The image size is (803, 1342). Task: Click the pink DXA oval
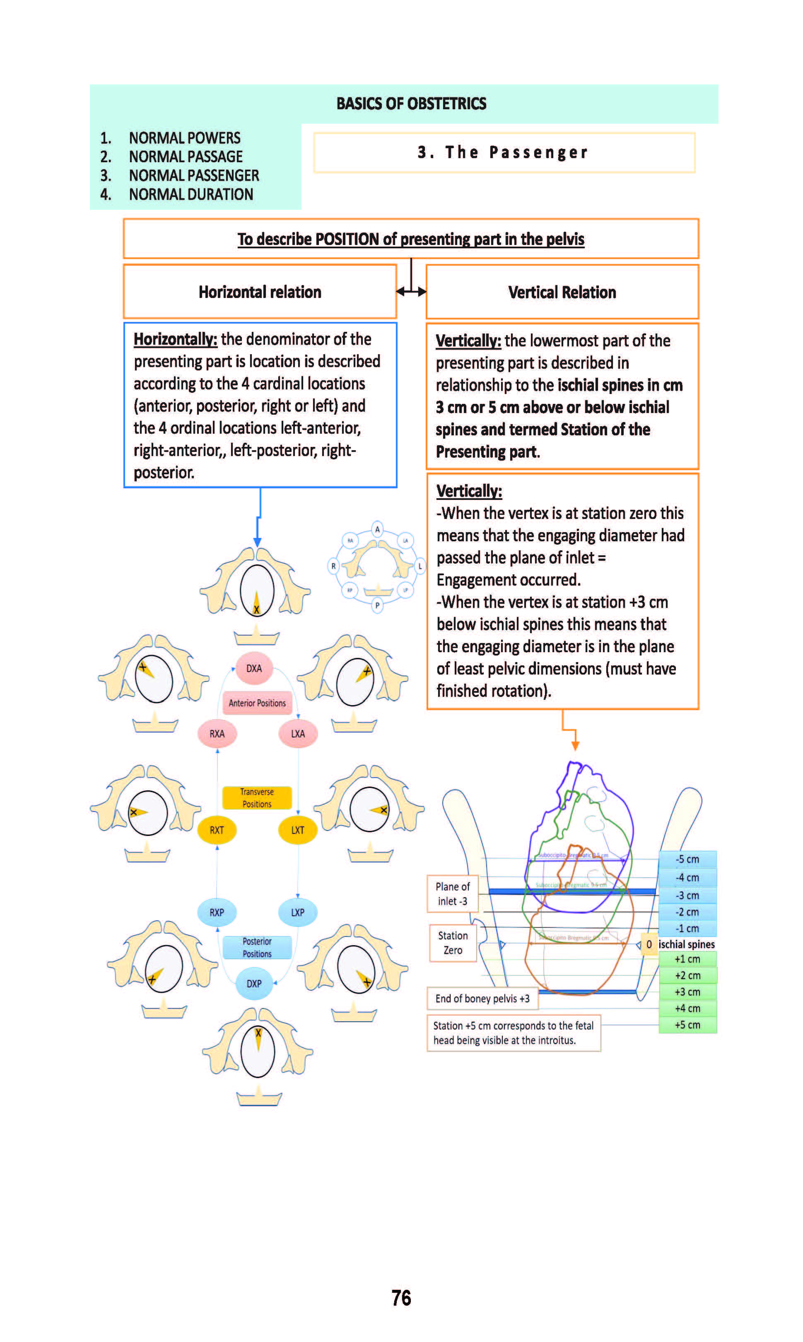[x=254, y=668]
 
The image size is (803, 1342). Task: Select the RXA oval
[x=217, y=734]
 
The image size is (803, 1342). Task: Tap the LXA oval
[x=298, y=734]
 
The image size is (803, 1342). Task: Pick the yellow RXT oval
[x=217, y=830]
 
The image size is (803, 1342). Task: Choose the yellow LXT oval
[x=298, y=830]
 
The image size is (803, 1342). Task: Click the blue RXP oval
[x=217, y=912]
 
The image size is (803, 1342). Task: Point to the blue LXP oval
[x=298, y=912]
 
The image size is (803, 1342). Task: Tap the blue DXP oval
[x=254, y=984]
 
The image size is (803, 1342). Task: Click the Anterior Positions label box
[x=257, y=703]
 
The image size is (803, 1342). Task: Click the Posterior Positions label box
[x=257, y=947]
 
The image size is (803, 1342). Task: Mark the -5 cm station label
[x=687, y=859]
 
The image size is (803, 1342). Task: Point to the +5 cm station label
[x=687, y=1025]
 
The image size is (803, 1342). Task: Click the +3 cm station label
[x=687, y=991]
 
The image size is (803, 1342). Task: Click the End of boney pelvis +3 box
[x=482, y=999]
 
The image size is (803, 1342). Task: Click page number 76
[x=401, y=1298]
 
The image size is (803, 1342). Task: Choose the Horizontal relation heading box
[x=260, y=292]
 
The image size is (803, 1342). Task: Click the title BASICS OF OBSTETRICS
[x=411, y=103]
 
